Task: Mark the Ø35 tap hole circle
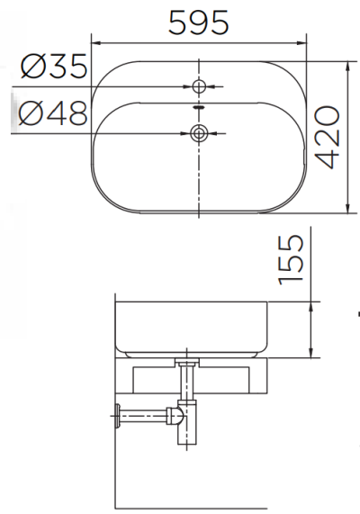click(x=199, y=86)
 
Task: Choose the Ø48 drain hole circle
click(x=199, y=134)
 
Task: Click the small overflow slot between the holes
click(x=199, y=107)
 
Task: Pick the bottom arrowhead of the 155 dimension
click(x=311, y=353)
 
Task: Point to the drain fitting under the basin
click(x=189, y=363)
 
